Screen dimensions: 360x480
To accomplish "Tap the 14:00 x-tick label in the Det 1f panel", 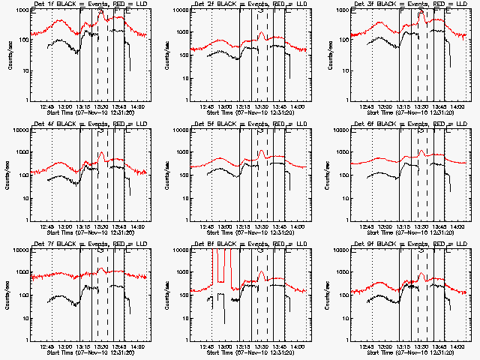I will click(138, 107).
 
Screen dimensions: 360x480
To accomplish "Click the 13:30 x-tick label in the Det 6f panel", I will click(421, 227).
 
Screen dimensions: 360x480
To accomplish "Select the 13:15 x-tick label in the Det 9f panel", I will click(403, 347).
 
